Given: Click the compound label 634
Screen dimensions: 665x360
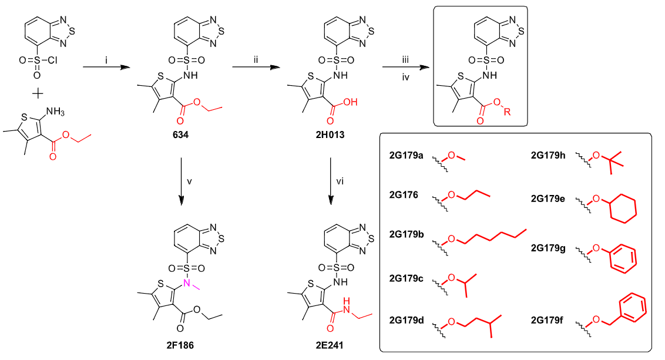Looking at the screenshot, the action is click(x=180, y=135).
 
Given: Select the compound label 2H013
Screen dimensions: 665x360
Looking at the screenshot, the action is click(x=330, y=135).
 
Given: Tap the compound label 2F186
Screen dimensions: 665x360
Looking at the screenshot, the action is click(x=180, y=345).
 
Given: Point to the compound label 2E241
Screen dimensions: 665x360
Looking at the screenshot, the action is click(x=330, y=345).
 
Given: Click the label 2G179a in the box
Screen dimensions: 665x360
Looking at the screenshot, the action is click(x=406, y=155).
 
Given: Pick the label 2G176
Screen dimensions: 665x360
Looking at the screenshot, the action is click(x=404, y=195).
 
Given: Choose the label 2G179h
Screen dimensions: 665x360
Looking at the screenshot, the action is click(x=548, y=155).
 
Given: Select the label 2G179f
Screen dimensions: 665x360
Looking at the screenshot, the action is click(x=547, y=320).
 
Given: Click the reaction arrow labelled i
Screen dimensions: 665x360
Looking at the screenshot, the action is click(x=106, y=67).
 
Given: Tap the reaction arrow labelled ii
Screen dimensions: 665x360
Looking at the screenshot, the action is click(x=256, y=67).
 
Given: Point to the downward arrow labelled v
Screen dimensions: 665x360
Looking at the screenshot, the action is click(x=181, y=181).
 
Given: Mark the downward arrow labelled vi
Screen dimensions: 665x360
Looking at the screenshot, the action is click(x=331, y=181).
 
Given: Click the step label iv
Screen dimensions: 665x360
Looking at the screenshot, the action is click(x=405, y=78).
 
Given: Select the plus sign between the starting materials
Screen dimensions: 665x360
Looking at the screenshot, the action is click(x=38, y=93).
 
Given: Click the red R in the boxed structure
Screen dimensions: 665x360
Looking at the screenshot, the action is click(x=507, y=112).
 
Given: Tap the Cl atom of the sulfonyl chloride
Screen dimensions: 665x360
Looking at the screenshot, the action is click(x=53, y=60).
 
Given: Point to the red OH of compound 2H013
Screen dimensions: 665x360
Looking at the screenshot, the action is click(x=351, y=102).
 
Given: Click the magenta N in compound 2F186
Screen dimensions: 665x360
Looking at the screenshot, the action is click(x=187, y=283).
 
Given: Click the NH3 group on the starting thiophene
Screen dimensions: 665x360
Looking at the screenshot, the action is click(x=55, y=112).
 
